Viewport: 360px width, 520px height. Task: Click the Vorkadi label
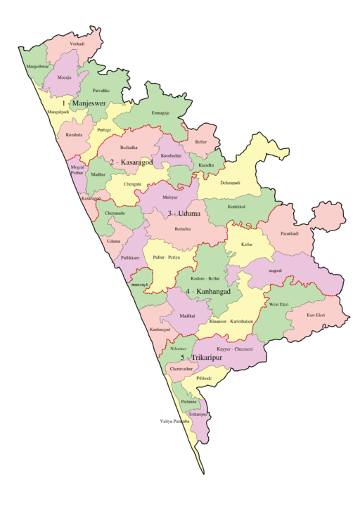77,44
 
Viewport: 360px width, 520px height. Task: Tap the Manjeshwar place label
38,67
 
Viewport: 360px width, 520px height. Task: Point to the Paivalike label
101,91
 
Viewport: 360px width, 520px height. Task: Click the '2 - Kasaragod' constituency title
131,162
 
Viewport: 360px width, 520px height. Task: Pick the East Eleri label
316,315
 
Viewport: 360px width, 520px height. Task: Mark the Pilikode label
204,378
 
